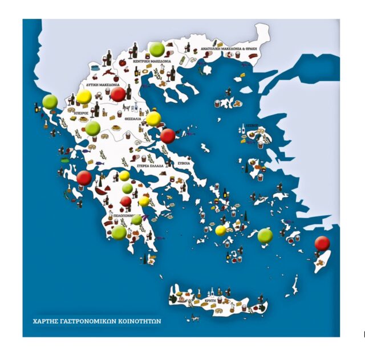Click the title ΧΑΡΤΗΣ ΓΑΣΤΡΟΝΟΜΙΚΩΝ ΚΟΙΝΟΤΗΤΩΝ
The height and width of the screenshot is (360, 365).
[x=96, y=321]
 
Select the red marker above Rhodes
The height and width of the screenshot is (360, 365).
[x=322, y=243]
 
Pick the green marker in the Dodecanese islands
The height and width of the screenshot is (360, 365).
[x=265, y=236]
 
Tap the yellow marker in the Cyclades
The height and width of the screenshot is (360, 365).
[x=221, y=230]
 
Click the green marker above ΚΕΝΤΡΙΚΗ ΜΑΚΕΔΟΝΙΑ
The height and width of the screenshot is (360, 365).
[x=157, y=50]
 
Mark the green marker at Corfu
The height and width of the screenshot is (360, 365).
[x=50, y=101]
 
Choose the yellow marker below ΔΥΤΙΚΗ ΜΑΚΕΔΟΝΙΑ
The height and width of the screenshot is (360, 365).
[x=84, y=97]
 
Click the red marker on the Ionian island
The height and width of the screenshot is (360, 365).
[x=84, y=178]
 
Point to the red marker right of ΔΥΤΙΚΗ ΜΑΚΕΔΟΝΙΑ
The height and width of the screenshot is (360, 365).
[x=118, y=95]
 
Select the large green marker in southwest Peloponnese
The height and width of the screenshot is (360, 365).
[x=119, y=232]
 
